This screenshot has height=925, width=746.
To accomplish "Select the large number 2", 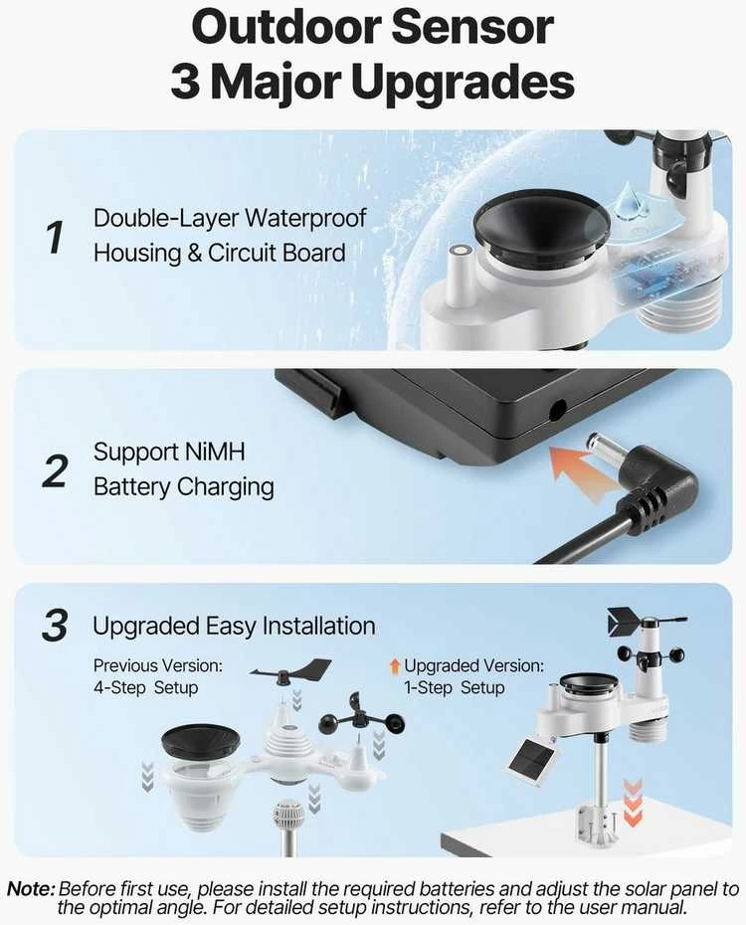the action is [x=56, y=471].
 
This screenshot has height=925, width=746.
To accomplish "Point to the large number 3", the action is [x=55, y=626].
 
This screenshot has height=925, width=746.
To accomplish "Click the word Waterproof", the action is [x=305, y=218].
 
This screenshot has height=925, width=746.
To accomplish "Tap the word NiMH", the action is [x=215, y=452].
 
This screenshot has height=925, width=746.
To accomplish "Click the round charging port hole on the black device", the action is [x=557, y=410].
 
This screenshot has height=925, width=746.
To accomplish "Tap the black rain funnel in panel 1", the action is [x=541, y=227].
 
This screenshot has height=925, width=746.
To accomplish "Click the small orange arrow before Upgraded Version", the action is [x=395, y=666].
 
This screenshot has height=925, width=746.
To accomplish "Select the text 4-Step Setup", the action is [x=145, y=688].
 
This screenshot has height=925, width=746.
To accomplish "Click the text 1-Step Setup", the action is [x=455, y=688].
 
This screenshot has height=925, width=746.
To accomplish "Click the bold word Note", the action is [x=31, y=888].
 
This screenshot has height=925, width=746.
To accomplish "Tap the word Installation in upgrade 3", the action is [x=318, y=626].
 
